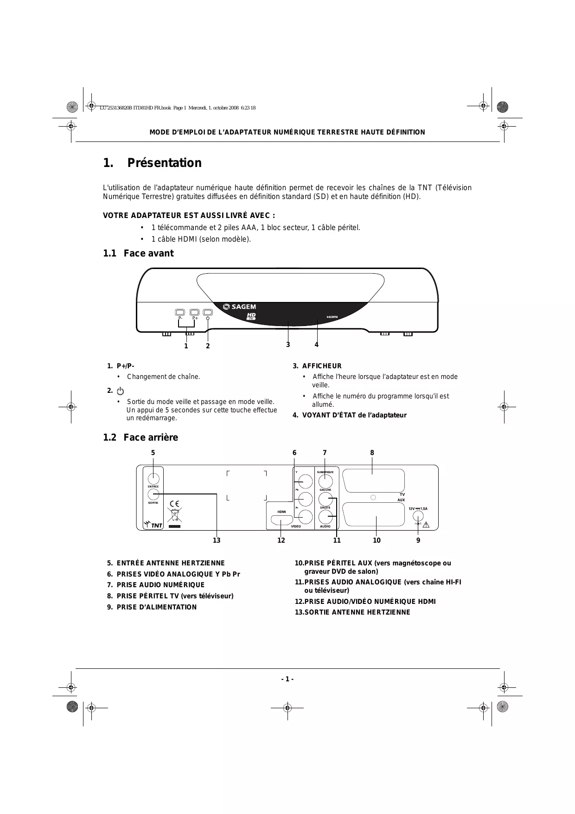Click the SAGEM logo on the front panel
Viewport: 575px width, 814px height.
pyautogui.click(x=239, y=306)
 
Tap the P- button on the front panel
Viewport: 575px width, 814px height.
pyautogui.click(x=180, y=312)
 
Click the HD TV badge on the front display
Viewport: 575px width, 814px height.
pyautogui.click(x=251, y=316)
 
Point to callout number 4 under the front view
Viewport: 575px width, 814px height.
pyautogui.click(x=317, y=345)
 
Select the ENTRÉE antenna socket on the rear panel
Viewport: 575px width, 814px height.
pyautogui.click(x=153, y=477)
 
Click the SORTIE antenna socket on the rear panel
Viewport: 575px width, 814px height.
pyautogui.click(x=153, y=494)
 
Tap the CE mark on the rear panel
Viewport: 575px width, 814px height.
pyautogui.click(x=175, y=504)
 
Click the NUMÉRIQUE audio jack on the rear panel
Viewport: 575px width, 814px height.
pyautogui.click(x=326, y=481)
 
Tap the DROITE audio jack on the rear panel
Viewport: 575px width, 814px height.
pyautogui.click(x=326, y=517)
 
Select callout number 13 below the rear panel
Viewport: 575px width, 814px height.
pyautogui.click(x=217, y=540)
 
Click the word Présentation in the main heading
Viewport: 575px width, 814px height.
pyautogui.click(x=165, y=163)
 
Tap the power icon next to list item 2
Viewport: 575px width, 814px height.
pyautogui.click(x=121, y=391)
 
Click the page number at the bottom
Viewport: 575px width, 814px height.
pyautogui.click(x=287, y=679)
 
